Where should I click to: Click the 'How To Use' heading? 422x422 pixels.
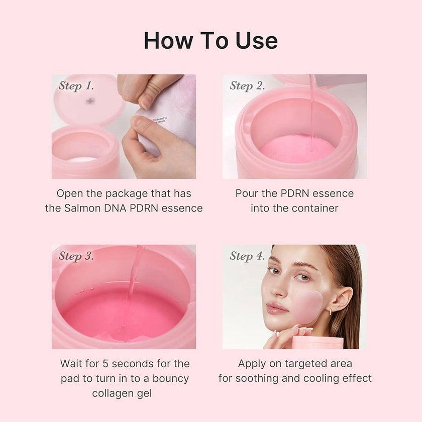point(210,41)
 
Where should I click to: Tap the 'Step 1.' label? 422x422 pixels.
point(76,85)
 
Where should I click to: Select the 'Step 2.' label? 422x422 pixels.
point(247,85)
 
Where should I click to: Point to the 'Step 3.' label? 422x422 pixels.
point(76,256)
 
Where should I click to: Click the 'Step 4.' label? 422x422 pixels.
point(247,256)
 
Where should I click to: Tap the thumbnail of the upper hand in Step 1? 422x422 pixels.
point(146,100)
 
